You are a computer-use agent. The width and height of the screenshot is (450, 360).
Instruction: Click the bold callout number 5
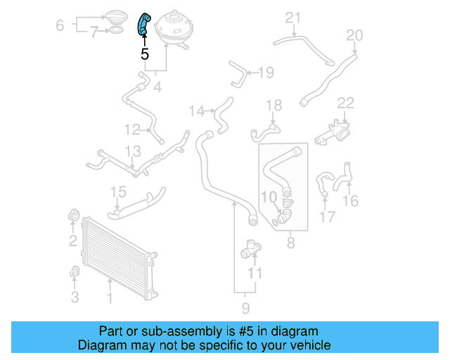click(145, 53)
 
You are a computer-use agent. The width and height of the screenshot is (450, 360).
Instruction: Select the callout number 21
click(292, 18)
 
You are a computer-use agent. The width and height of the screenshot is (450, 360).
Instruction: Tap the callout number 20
click(354, 34)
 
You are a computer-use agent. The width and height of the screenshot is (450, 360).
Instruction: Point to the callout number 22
click(345, 103)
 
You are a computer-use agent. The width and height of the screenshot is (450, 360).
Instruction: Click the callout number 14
click(196, 110)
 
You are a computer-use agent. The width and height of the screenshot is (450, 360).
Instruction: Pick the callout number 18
click(274, 105)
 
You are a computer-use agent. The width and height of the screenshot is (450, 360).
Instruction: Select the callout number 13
click(133, 150)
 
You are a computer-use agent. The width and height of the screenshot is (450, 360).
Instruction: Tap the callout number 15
click(118, 191)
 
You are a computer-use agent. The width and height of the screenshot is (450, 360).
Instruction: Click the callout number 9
click(245, 307)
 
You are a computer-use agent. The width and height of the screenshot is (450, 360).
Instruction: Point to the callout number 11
click(255, 273)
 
